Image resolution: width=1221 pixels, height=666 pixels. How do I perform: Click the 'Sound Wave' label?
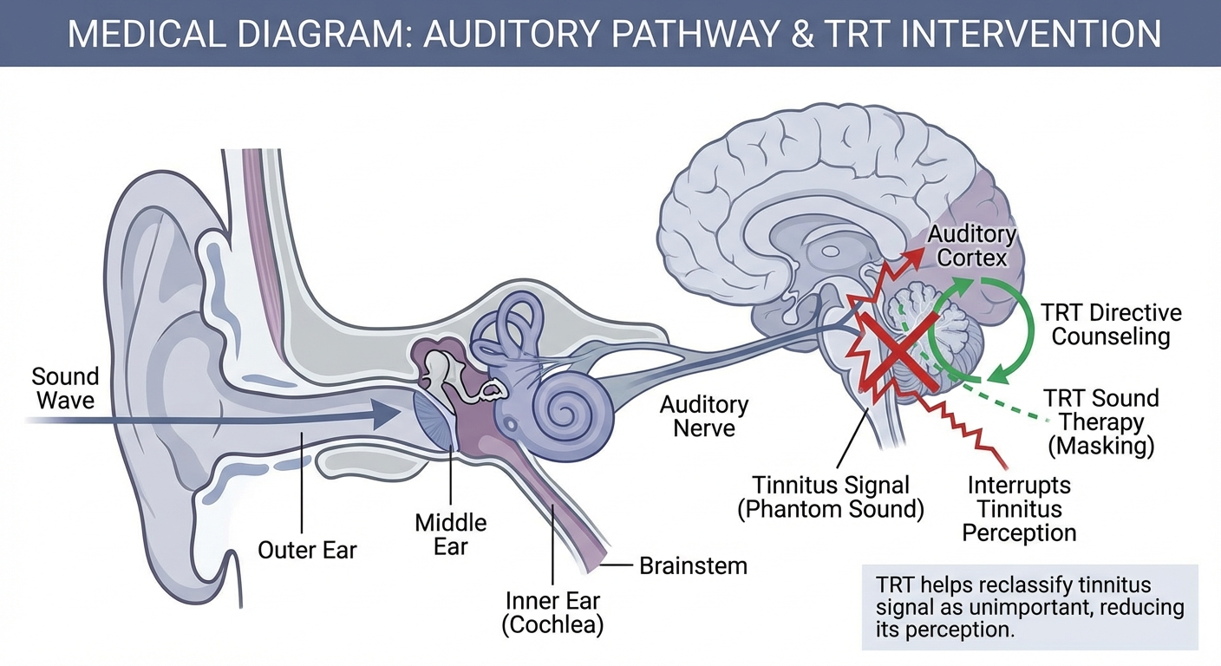point(65,388)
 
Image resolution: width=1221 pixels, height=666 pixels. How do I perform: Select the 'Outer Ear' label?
point(307,550)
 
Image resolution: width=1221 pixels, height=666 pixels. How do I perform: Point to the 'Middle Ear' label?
point(450,534)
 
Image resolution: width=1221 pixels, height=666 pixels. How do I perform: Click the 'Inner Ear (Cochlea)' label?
point(552,612)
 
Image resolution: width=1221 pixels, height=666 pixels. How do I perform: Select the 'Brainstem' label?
point(693,566)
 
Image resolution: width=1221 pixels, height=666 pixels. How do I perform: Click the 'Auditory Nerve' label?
point(703,415)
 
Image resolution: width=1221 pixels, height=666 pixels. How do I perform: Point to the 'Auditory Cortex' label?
point(971,245)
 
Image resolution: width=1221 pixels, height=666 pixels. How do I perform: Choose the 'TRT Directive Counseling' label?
point(1111,324)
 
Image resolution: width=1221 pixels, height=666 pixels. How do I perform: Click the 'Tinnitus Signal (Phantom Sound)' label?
point(830,496)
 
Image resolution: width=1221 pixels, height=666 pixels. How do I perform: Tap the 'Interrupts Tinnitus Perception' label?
point(1018,509)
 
